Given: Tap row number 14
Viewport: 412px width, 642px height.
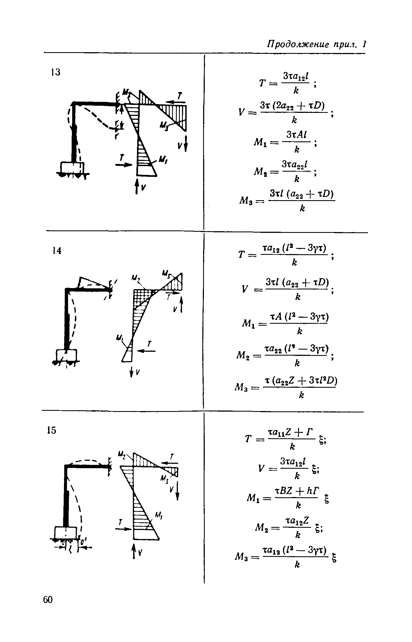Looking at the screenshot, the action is click(57, 251).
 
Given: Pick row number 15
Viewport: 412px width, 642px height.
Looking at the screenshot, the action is click(51, 430).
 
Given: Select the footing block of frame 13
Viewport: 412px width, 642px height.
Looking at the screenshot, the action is click(72, 168).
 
